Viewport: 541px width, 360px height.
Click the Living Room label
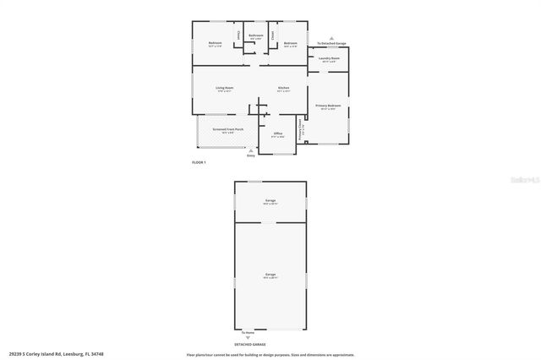coord(224,88)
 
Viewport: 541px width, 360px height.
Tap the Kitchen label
coord(285,88)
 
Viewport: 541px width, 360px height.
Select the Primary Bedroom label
coord(328,106)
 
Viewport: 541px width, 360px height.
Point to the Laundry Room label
coord(328,58)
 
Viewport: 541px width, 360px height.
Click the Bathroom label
coord(255,35)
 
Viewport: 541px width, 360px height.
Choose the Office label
coord(277,134)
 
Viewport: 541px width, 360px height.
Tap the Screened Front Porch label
coord(228,129)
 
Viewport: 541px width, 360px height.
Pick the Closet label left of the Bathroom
coord(238,35)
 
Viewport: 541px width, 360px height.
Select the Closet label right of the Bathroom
coord(273,35)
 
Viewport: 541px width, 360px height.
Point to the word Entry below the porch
coord(250,155)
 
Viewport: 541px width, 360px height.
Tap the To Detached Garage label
coord(331,42)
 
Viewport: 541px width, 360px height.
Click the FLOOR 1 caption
coord(199,161)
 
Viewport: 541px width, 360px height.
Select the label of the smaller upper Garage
coord(270,200)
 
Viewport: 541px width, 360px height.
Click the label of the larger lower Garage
coord(270,275)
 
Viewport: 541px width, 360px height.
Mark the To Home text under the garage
coord(248,332)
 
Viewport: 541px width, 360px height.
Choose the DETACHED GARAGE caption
coord(270,345)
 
